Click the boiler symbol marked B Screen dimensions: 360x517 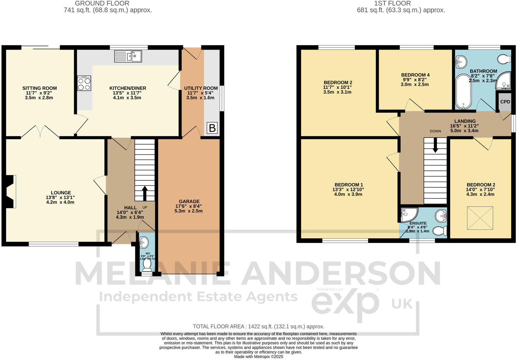tap(212, 128)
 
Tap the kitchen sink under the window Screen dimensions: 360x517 tap(128, 56)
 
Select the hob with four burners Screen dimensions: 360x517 tap(84, 83)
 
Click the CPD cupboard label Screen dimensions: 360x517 tap(505, 102)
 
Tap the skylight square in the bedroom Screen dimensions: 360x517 tap(480, 218)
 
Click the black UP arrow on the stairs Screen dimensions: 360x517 tap(145, 193)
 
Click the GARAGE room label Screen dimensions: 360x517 tap(189, 202)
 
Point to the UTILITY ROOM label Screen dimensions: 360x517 tap(201, 88)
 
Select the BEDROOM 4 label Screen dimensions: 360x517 tap(415, 75)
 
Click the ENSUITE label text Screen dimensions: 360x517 tap(418, 223)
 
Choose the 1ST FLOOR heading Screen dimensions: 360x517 tap(392, 3)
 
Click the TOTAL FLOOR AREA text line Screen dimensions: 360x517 tap(258, 327)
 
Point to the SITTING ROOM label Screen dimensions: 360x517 tap(40, 88)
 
